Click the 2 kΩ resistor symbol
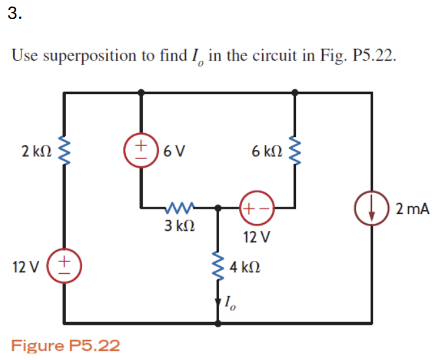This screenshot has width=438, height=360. point(64,152)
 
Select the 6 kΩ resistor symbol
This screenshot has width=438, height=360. point(297,151)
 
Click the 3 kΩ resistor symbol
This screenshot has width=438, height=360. point(179,209)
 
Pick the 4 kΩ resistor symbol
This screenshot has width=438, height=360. point(218,266)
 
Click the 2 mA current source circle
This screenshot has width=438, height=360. point(372,209)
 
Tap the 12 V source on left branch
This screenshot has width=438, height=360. point(64,266)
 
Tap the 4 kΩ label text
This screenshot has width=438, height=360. point(247,267)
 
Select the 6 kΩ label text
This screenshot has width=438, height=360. point(267,151)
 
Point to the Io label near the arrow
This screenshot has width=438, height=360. point(229,302)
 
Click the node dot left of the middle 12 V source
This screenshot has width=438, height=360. point(218,209)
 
